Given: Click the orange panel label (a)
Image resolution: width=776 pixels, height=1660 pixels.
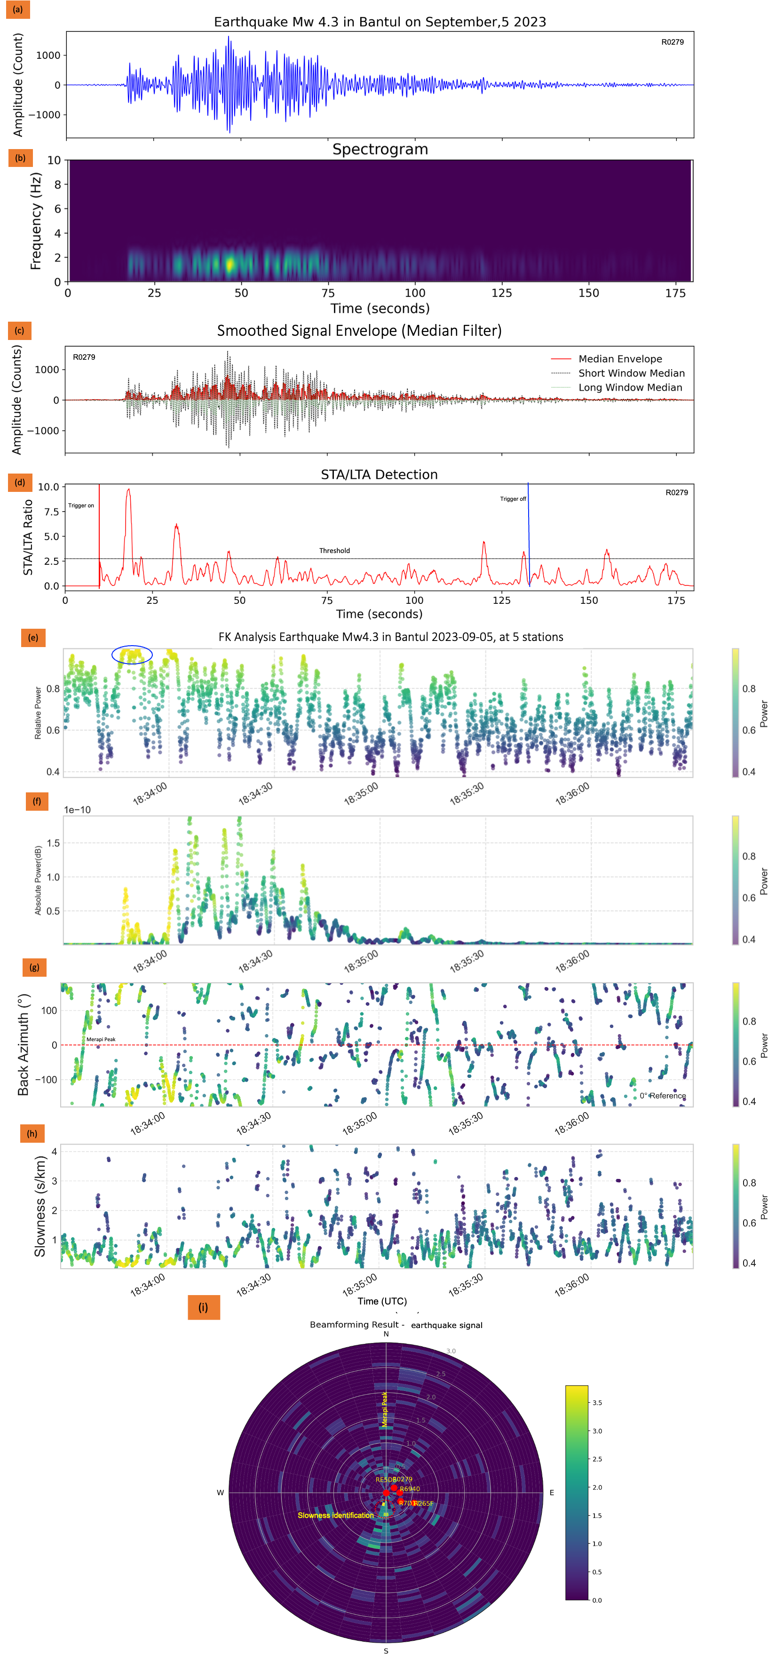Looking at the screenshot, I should click(x=17, y=9).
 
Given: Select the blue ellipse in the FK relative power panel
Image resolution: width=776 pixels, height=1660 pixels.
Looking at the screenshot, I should click(x=132, y=655).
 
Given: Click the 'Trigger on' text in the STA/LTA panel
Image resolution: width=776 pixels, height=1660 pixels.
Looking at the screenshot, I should click(x=81, y=505).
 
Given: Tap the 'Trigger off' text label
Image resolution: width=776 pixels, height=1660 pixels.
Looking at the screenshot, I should click(x=513, y=499).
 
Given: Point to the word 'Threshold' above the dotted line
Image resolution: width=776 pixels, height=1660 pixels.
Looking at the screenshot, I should click(x=334, y=550).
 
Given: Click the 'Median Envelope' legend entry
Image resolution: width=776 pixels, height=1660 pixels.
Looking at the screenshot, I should click(x=620, y=359).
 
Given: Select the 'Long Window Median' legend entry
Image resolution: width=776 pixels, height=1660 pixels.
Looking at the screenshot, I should click(x=630, y=387).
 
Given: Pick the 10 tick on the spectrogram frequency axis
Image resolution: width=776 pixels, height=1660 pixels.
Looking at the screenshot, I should click(x=54, y=160).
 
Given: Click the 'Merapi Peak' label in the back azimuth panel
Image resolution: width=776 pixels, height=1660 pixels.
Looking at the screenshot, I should click(x=101, y=1039).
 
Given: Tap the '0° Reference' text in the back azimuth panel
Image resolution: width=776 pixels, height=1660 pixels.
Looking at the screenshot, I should click(x=663, y=1096).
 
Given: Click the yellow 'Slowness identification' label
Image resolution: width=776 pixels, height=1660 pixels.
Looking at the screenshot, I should click(x=336, y=1515).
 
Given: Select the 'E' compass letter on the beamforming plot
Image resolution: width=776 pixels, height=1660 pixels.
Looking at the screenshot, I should click(x=551, y=1493).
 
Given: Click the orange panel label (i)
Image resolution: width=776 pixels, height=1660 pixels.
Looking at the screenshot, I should click(x=203, y=1307).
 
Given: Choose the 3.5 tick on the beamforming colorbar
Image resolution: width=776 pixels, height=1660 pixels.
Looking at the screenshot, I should click(x=597, y=1402).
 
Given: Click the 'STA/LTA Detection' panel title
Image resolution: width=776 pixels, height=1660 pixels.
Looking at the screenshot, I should click(x=379, y=474).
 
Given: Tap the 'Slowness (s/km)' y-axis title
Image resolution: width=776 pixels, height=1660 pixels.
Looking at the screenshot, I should click(x=40, y=1206).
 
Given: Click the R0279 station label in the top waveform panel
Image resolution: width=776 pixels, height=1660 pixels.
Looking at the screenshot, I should click(x=672, y=42).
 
